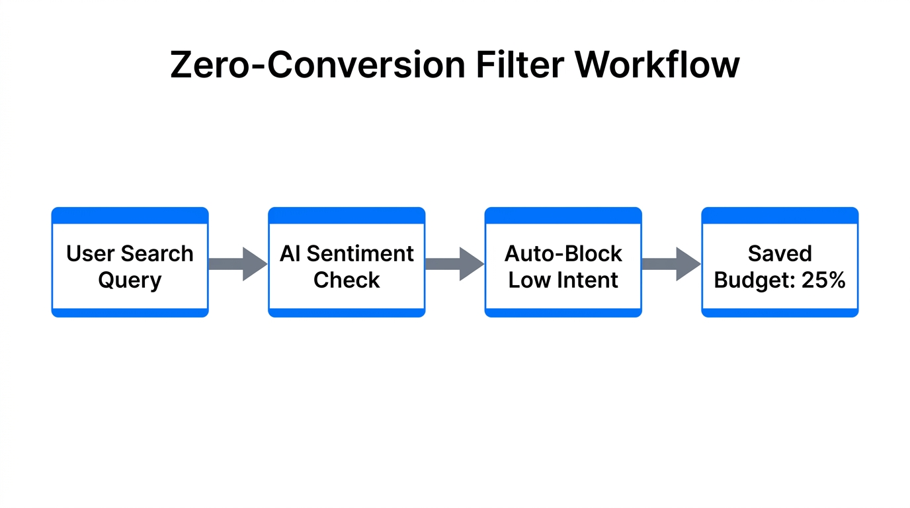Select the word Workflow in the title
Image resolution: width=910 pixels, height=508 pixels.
657,65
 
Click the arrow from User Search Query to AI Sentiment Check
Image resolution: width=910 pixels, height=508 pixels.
237,264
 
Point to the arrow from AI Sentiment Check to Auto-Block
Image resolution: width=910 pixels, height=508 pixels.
454,264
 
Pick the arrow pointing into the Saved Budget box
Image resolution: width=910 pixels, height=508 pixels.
671,264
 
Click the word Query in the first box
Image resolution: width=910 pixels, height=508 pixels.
130,280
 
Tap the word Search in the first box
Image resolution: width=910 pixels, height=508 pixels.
157,254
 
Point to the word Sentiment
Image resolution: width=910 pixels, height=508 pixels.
360,254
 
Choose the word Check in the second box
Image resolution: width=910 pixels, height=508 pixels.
347,280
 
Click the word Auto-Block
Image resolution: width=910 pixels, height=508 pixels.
563,254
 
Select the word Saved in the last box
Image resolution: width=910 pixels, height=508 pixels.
780,254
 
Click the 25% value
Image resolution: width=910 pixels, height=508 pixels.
823,280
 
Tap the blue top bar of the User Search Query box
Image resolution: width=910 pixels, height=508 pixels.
130,215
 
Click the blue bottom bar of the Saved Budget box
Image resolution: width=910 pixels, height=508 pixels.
780,313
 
